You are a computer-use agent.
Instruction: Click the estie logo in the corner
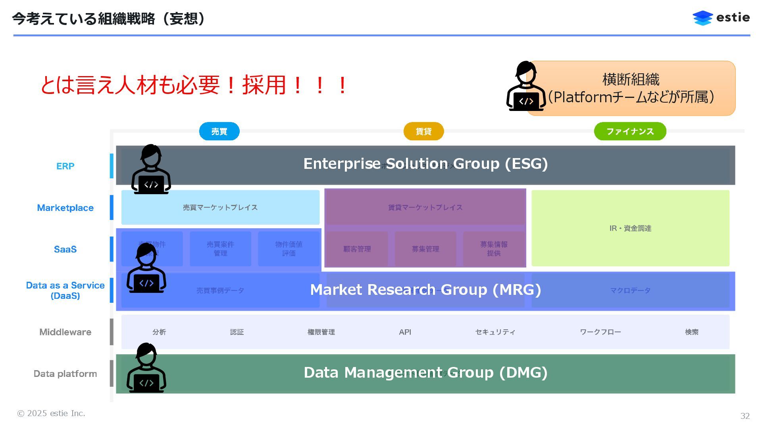pyautogui.click(x=721, y=18)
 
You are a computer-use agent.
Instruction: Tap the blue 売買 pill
pyautogui.click(x=219, y=131)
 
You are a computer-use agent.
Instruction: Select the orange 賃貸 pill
pyautogui.click(x=423, y=131)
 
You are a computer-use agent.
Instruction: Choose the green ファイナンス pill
pyautogui.click(x=630, y=131)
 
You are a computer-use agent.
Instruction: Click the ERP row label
pyautogui.click(x=65, y=166)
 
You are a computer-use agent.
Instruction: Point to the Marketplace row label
pyautogui.click(x=65, y=208)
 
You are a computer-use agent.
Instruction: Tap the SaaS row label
pyautogui.click(x=65, y=249)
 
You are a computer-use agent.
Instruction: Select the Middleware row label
pyautogui.click(x=65, y=332)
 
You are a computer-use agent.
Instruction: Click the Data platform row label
pyautogui.click(x=65, y=374)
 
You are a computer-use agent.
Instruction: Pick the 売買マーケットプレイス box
pyautogui.click(x=220, y=207)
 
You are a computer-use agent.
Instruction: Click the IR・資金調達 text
pyautogui.click(x=630, y=228)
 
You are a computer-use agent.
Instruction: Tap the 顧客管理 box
pyautogui.click(x=357, y=249)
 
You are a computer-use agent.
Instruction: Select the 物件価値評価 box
pyautogui.click(x=289, y=249)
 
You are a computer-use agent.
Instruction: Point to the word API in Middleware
pyautogui.click(x=405, y=332)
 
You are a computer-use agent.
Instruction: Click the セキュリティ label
pyautogui.click(x=495, y=332)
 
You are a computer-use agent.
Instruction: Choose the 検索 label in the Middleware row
pyautogui.click(x=691, y=332)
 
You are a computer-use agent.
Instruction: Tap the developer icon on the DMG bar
pyautogui.click(x=146, y=368)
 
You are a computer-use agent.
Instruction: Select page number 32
pyautogui.click(x=745, y=416)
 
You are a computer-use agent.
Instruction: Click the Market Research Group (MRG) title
pyautogui.click(x=425, y=290)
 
